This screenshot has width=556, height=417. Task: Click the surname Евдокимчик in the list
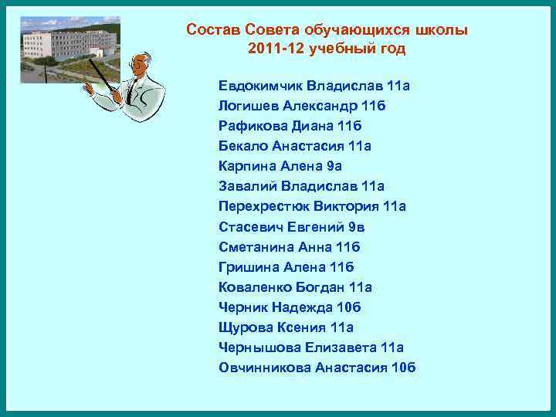click(x=260, y=85)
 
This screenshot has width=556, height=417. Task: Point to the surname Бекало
click(x=242, y=146)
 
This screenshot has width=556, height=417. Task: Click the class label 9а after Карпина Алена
click(x=334, y=166)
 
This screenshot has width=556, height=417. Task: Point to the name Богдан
click(x=320, y=287)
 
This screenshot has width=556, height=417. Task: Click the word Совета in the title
click(x=272, y=30)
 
